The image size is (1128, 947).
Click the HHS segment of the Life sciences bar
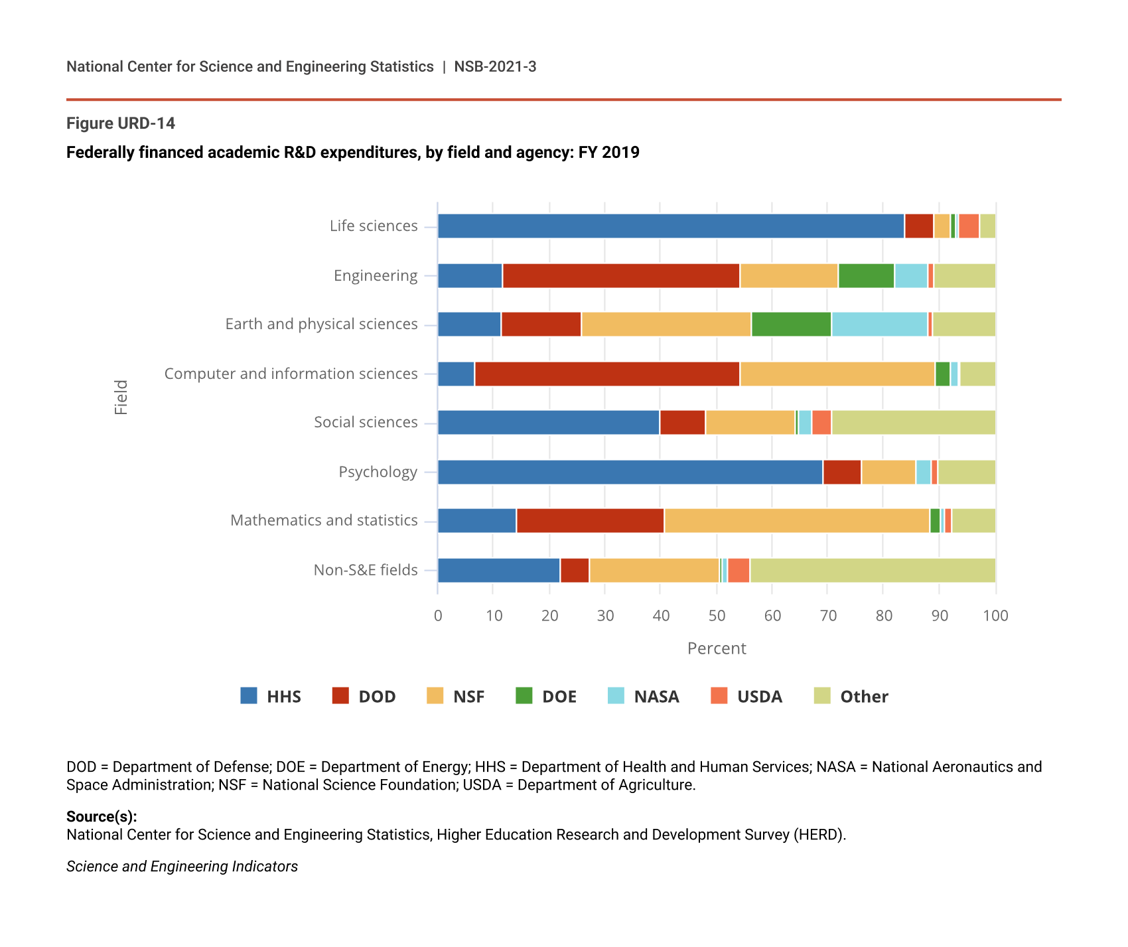(671, 226)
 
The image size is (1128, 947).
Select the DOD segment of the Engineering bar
(621, 275)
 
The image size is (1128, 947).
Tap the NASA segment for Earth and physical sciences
(879, 324)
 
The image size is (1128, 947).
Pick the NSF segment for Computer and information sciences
(837, 374)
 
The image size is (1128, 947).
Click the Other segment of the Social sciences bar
(914, 423)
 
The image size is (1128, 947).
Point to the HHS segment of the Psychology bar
(630, 472)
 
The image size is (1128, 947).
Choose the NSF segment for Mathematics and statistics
(797, 520)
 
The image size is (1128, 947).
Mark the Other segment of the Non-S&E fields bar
(873, 570)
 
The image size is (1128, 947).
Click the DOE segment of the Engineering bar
(866, 275)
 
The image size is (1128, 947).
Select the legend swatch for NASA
(616, 695)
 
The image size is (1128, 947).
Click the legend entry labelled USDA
(759, 696)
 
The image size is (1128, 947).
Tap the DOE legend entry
(559, 696)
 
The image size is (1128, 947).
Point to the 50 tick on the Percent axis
(717, 616)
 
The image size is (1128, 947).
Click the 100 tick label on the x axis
(995, 616)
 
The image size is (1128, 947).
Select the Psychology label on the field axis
(378, 472)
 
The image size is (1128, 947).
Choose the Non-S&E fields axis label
(366, 570)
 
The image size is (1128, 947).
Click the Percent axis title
(717, 648)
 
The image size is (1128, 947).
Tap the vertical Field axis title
(121, 398)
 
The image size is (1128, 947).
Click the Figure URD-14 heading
(121, 123)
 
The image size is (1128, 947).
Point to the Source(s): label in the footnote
(102, 816)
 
